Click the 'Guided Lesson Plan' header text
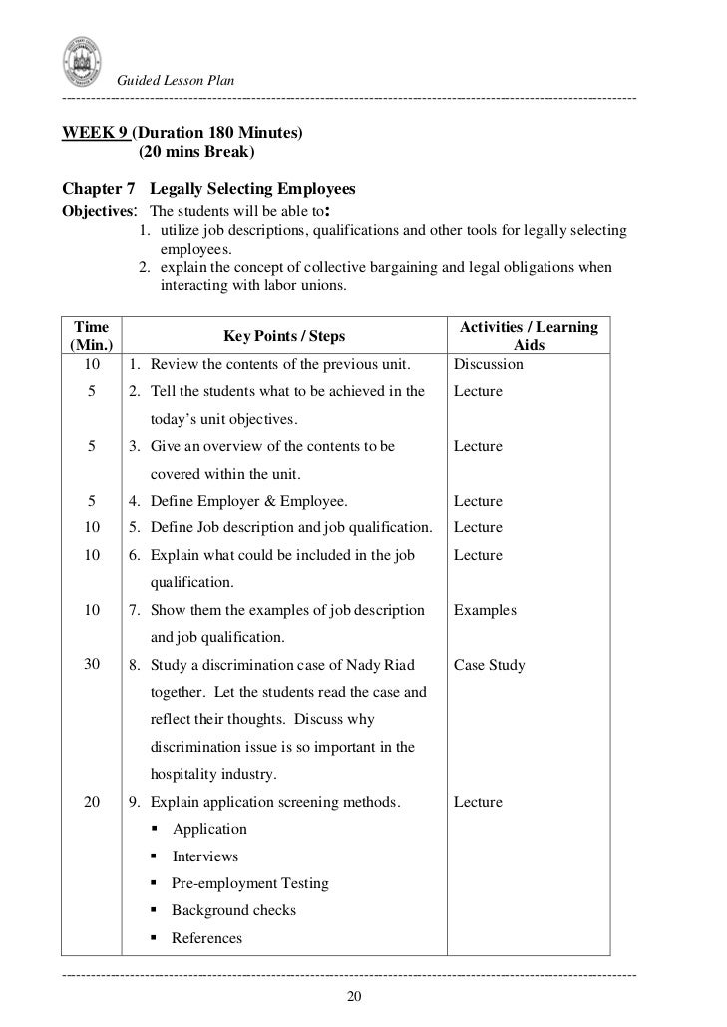(x=176, y=80)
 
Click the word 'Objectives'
(x=98, y=212)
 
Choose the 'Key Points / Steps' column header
(x=284, y=336)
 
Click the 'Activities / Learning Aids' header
(x=528, y=336)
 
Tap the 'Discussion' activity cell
(x=488, y=364)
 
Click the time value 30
(x=92, y=665)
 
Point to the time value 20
(x=92, y=802)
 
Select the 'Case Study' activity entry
(x=489, y=665)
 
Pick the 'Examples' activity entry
(x=485, y=610)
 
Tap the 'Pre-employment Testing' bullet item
(x=249, y=883)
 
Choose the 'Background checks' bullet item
(x=233, y=910)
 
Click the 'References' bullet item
(x=206, y=938)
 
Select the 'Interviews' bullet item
(x=205, y=856)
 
